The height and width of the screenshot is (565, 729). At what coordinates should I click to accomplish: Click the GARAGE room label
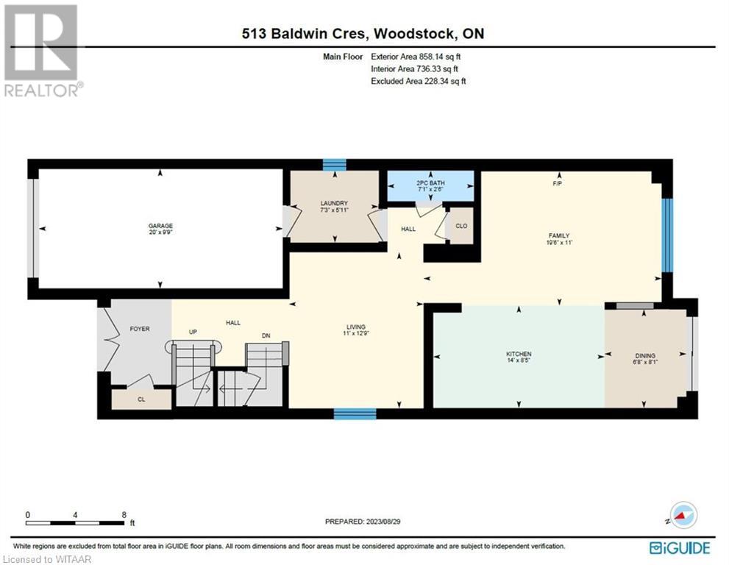click(160, 226)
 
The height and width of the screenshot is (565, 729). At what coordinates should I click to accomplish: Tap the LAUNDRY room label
click(334, 203)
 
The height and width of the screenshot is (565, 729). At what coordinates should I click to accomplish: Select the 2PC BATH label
click(430, 183)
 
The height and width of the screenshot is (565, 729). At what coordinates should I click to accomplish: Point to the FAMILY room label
click(559, 235)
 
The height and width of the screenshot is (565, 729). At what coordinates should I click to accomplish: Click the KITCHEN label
click(519, 355)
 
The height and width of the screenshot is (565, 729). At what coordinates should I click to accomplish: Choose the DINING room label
click(645, 356)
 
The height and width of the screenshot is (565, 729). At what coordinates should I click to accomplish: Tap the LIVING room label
click(355, 327)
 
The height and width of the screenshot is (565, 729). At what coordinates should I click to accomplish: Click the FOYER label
click(140, 329)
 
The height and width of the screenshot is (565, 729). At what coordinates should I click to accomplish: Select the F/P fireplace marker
click(557, 184)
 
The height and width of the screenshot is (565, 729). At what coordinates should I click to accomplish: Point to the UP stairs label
click(193, 332)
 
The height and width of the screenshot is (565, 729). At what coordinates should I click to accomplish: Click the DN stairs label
click(266, 335)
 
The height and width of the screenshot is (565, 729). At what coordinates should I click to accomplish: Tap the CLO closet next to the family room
click(461, 226)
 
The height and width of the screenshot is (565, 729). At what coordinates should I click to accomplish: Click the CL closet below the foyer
click(141, 399)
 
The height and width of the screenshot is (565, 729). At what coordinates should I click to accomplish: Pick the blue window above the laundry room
click(335, 165)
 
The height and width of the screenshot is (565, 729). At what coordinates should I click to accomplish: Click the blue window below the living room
click(355, 413)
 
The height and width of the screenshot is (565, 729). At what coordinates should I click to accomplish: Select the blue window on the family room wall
click(667, 235)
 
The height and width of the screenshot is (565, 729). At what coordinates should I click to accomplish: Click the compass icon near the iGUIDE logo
click(684, 515)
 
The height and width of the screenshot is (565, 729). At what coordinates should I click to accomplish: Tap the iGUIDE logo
click(680, 548)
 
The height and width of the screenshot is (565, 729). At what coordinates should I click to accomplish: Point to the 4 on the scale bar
click(75, 515)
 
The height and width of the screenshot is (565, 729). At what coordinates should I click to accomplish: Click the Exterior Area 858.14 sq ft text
click(416, 57)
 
